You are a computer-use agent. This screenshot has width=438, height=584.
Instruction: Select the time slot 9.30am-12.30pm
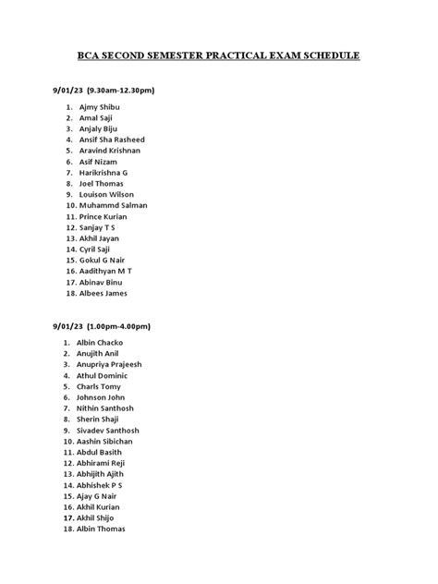pos(120,91)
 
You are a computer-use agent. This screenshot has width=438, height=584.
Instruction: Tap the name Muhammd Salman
pos(114,205)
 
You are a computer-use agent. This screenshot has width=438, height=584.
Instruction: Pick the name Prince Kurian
pos(103,216)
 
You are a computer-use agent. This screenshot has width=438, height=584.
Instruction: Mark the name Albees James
pos(103,293)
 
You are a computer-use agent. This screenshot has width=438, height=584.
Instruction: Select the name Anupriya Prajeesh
pos(117,365)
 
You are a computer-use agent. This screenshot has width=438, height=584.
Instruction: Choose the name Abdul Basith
pos(101,452)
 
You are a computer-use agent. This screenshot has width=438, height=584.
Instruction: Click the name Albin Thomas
pos(103,529)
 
